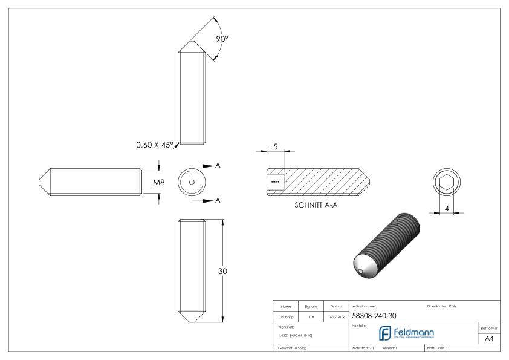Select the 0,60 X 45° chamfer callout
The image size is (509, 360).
pos(154,145)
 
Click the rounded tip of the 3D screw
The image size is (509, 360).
pos(362,266)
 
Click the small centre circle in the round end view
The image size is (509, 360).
pos(192,182)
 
